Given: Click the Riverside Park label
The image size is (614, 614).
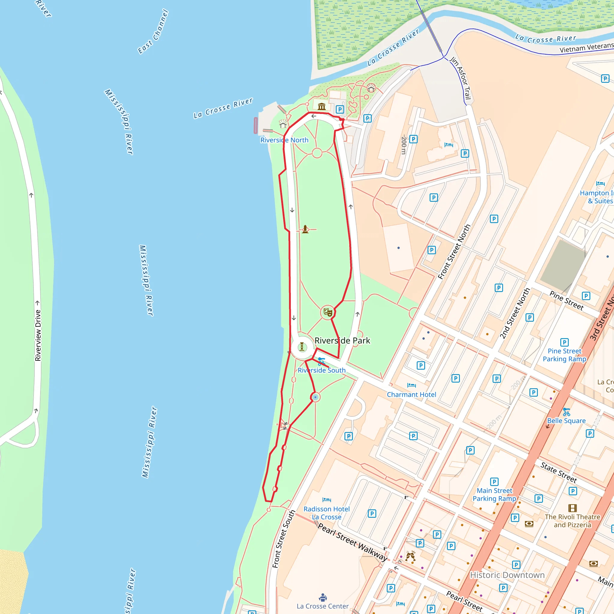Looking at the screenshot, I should point(342,341).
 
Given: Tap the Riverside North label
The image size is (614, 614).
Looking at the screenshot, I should point(284,140).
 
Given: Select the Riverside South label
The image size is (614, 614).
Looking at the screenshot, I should point(321,370).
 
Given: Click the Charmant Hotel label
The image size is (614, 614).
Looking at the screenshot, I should point(411,395).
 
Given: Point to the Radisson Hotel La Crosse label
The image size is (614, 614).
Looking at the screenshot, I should point(326,513).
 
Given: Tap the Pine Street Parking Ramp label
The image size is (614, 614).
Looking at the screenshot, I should point(565,355).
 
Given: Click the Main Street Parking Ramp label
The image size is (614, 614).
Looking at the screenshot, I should point(494,494).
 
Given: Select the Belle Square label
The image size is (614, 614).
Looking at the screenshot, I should point(566,420).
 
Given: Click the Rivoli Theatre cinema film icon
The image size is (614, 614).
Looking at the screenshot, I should point(572,508).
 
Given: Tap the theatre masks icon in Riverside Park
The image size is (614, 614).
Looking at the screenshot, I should point(328,312).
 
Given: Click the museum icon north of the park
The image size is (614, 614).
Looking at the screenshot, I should point(322,106).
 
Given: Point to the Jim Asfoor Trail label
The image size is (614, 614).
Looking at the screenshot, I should point(460,78).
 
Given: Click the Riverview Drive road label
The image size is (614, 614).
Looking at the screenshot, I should point(38,335).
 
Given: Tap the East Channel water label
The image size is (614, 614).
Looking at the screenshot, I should point(153,31).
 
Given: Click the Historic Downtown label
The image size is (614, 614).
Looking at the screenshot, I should point(507,575).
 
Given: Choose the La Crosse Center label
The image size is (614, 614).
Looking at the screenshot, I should point(322,606).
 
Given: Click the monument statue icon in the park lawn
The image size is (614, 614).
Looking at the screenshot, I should point(305,229).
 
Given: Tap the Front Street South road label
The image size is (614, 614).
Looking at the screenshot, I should point(284,539).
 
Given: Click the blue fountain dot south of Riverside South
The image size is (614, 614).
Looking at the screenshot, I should point(315,397).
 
